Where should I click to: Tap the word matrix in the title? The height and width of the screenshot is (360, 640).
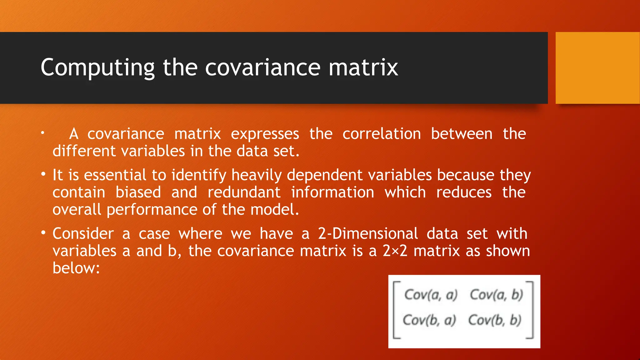pos(363,67)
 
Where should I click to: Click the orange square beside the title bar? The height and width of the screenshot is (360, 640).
pos(597,68)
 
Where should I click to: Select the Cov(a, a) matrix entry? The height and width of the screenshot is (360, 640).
pos(431,295)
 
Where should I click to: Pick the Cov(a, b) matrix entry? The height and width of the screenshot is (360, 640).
pos(496,295)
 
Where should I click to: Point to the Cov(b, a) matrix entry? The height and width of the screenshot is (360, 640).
pos(429,320)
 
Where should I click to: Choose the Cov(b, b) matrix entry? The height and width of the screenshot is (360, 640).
pos(495,320)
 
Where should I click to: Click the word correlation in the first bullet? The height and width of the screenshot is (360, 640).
pos(382,134)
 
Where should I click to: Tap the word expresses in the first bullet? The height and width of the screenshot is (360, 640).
pos(265,134)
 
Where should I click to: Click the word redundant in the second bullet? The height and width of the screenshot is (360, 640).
pos(244,192)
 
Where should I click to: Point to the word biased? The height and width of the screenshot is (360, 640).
pos(138,192)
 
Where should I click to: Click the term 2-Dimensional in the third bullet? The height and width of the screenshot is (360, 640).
pos(368,234)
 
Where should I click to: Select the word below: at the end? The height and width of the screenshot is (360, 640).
pos(76,268)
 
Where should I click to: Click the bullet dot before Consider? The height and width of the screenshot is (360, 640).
pos(43,233)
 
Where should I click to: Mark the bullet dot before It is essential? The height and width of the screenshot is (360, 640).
pos(43,174)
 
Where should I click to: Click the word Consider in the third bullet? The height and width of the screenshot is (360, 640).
pos(83,234)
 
